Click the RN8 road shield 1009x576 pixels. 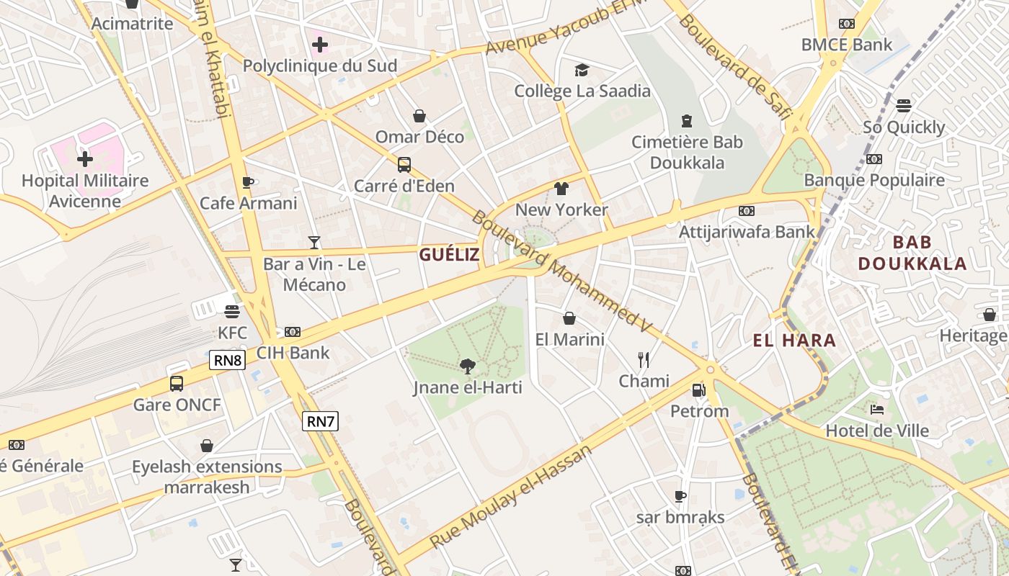pos(227,360)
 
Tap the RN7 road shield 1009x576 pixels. pos(320,421)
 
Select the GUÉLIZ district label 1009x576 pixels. pos(449,254)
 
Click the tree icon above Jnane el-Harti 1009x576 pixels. pos(468,366)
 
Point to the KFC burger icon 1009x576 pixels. pos(232,312)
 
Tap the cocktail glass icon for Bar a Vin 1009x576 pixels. pos(314,242)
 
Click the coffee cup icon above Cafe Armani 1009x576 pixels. pos(248,182)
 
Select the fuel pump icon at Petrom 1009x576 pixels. pos(698,390)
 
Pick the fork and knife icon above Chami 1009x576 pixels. pos(644,359)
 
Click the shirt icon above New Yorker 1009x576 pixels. pos(561,189)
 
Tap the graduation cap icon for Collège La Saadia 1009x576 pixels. pos(582,70)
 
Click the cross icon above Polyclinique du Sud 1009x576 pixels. pos(320,45)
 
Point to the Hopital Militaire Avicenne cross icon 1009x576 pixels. pos(85,158)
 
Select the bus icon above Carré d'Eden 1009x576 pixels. pos(404,165)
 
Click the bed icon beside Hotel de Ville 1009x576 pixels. pos(877,410)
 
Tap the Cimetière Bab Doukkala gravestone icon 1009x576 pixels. pos(687,121)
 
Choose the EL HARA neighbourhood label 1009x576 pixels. pos(794,341)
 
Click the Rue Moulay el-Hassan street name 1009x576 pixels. pos(510,496)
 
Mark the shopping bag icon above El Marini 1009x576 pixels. pos(569,318)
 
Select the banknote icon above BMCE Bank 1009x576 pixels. pos(847,24)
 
